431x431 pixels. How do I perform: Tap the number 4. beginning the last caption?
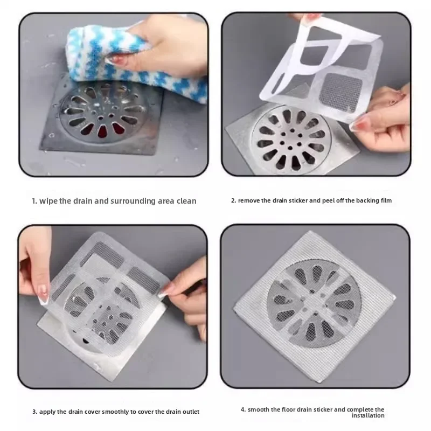click(243, 409)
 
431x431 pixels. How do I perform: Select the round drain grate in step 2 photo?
click(290, 140)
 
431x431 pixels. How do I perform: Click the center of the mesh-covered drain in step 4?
click(314, 298)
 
